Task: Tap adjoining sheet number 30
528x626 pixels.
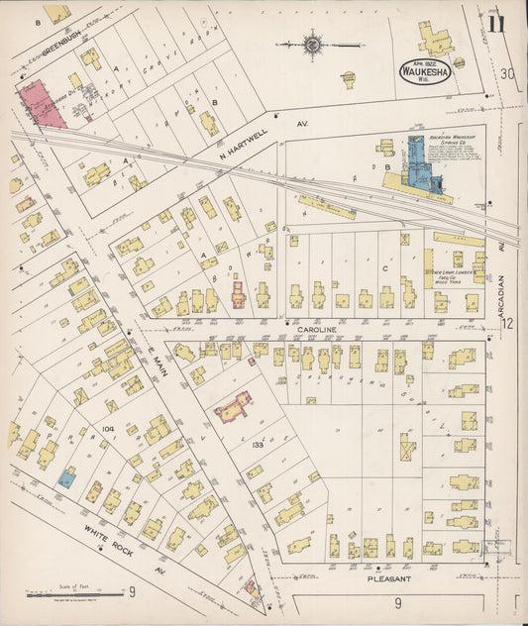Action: point(507,74)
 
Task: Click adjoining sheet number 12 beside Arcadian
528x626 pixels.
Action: point(508,324)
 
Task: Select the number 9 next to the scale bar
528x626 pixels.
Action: point(130,593)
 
